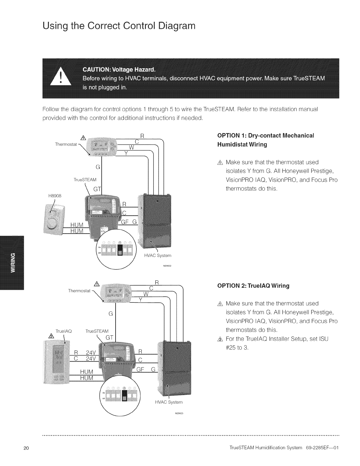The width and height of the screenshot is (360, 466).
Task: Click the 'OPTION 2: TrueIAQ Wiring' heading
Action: click(x=253, y=286)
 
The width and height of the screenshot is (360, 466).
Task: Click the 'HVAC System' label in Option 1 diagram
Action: click(x=157, y=255)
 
